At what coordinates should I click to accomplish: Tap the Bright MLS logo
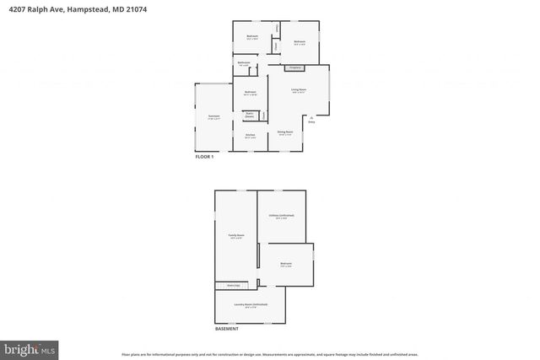(x=30, y=347)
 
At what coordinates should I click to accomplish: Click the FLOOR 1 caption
(x=206, y=158)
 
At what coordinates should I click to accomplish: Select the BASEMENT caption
(x=226, y=329)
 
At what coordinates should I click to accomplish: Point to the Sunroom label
(x=213, y=116)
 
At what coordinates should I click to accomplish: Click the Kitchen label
(x=251, y=135)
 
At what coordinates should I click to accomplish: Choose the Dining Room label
(x=285, y=132)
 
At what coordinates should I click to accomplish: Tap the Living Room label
(x=299, y=89)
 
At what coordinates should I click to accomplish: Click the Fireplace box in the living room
(x=295, y=67)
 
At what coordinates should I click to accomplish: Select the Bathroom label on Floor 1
(x=244, y=63)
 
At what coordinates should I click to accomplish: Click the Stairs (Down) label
(x=250, y=114)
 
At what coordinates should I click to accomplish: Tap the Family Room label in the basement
(x=236, y=236)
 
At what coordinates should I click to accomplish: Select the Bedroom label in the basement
(x=286, y=264)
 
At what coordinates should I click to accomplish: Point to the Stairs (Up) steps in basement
(x=228, y=285)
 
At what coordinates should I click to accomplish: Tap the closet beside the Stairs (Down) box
(x=263, y=114)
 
